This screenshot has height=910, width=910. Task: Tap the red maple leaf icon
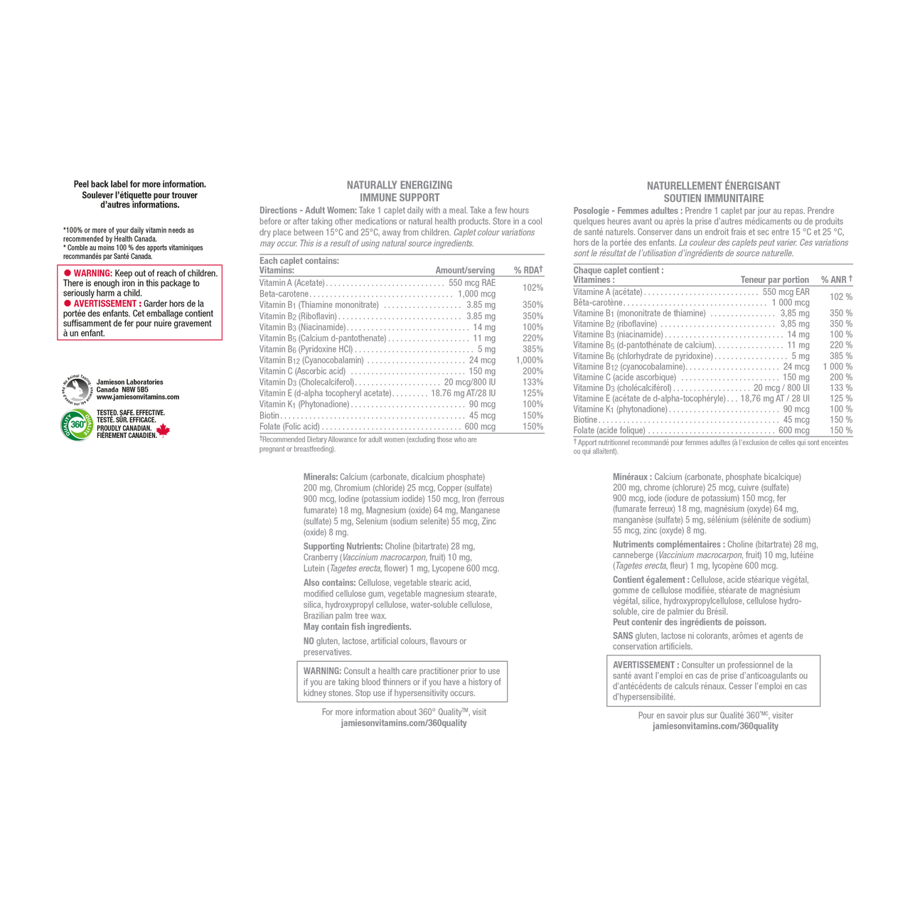coord(163,429)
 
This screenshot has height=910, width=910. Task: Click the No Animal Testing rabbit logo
coord(77,390)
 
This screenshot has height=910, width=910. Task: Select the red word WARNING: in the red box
coord(93,274)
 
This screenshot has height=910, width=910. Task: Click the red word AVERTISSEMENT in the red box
coord(105,304)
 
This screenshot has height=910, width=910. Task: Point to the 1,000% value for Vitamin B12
coord(530,360)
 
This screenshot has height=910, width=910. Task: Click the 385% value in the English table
coord(532,350)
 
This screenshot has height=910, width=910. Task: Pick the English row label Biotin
coord(269,416)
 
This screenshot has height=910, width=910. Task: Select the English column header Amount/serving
coord(465,270)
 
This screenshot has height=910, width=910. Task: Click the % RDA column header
coord(528,269)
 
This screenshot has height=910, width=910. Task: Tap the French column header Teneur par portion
coord(774,279)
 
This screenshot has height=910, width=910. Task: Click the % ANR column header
coord(836,279)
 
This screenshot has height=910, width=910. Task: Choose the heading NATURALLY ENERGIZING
coord(400,185)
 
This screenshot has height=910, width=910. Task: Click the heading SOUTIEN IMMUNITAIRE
coord(714,198)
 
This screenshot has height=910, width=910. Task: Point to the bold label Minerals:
coord(321,477)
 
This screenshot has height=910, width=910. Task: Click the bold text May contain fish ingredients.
coord(358,626)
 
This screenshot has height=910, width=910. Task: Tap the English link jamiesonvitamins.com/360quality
coord(404,723)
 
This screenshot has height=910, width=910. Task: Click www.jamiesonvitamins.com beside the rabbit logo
coord(138,397)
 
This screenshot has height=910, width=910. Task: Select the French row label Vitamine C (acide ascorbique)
coord(625,378)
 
